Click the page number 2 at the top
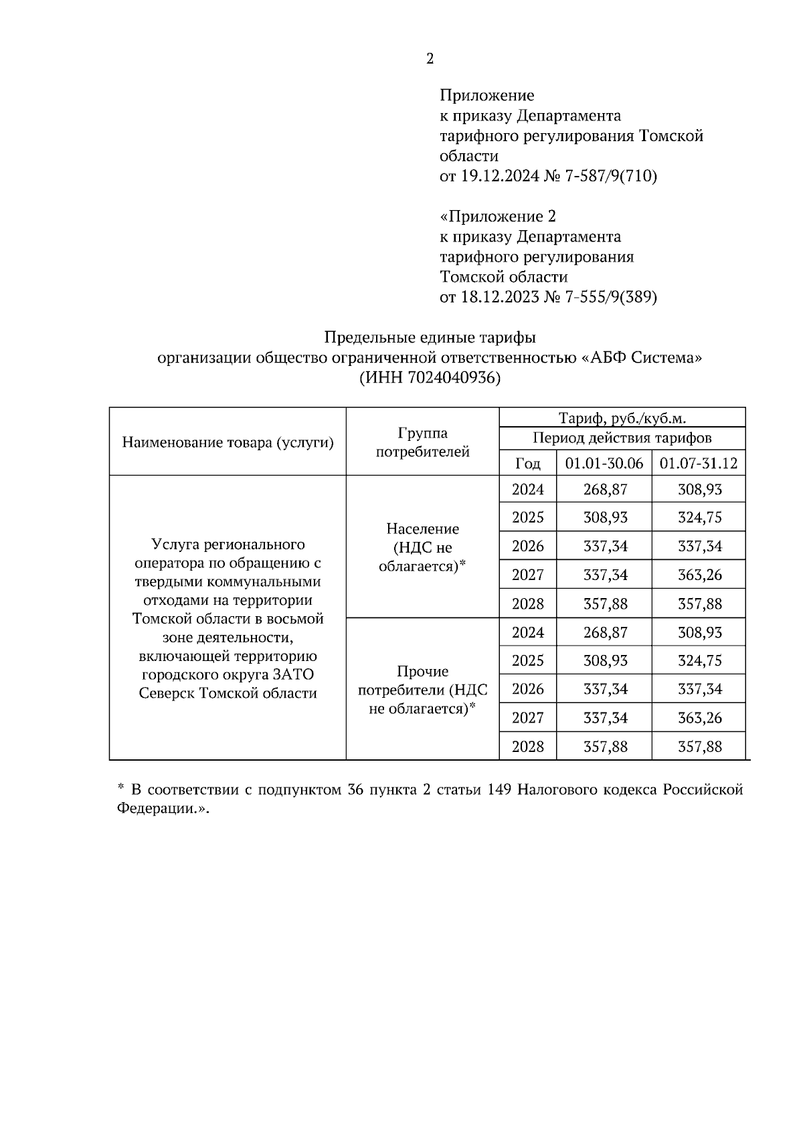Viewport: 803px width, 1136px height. click(x=430, y=59)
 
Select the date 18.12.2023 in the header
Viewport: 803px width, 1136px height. click(x=500, y=297)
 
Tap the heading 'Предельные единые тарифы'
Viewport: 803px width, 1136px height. click(x=430, y=337)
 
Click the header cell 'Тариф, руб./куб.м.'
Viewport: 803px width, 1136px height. click(x=622, y=419)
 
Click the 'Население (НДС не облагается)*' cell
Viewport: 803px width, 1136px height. click(x=422, y=547)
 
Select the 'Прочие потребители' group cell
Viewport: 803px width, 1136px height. click(x=422, y=690)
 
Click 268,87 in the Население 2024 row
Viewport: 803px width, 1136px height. click(x=605, y=490)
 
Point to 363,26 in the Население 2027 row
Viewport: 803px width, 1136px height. click(x=699, y=575)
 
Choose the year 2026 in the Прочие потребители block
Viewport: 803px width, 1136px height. click(x=527, y=689)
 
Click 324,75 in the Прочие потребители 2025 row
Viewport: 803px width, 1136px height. click(x=699, y=661)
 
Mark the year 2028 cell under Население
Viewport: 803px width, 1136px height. click(x=527, y=604)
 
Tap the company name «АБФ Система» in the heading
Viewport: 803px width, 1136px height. click(x=640, y=358)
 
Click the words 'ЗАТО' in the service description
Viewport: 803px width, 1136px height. click(x=293, y=674)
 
